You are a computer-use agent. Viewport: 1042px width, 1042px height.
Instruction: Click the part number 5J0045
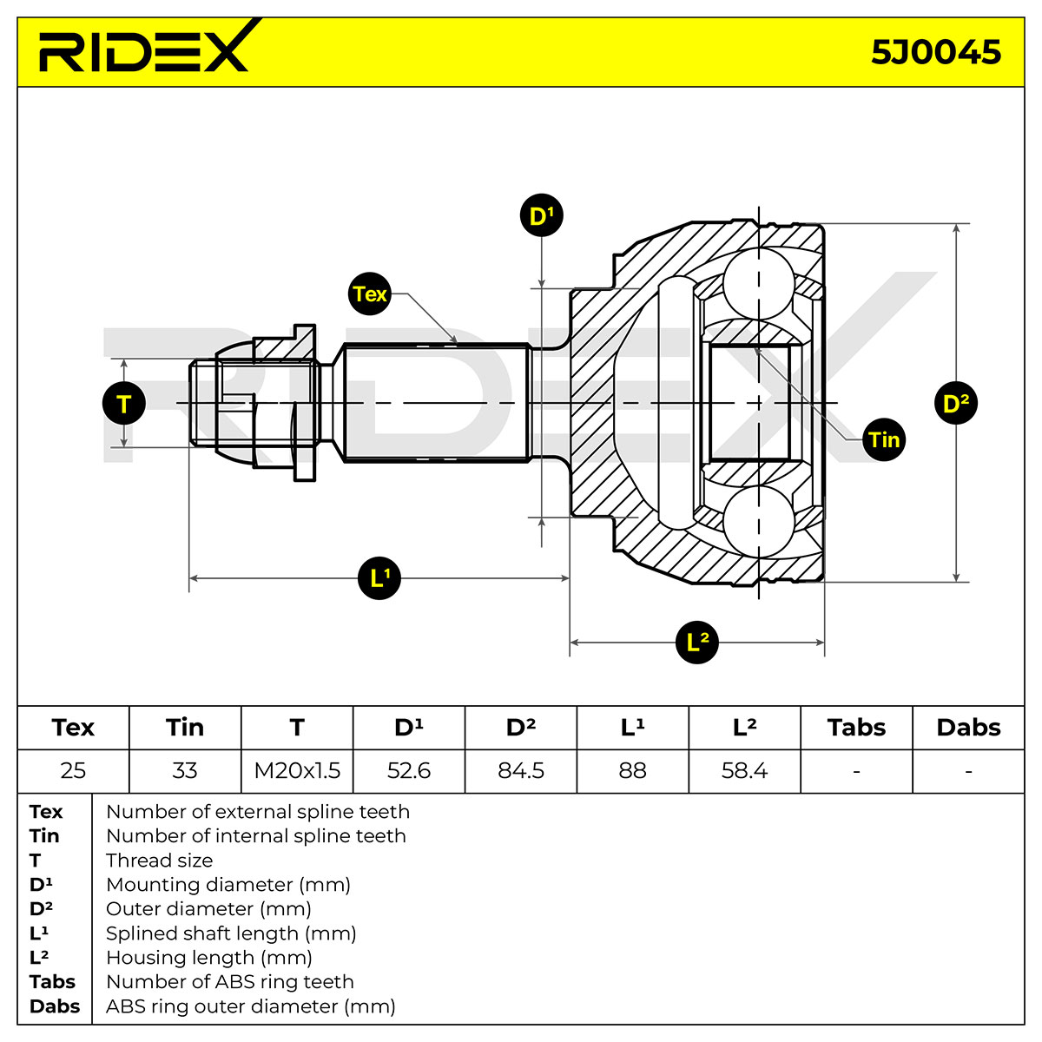click(935, 52)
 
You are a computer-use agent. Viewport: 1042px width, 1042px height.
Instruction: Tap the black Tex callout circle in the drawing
click(369, 293)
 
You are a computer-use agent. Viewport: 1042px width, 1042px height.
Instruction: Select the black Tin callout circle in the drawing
click(884, 439)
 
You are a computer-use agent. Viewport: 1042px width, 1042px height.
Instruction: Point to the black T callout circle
click(124, 404)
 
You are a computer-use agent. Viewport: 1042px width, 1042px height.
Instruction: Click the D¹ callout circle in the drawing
click(541, 215)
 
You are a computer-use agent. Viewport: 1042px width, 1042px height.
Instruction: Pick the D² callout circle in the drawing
click(956, 403)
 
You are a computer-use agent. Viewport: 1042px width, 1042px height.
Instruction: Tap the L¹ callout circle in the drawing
click(379, 578)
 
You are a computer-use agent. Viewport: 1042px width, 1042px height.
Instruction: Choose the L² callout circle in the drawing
click(697, 643)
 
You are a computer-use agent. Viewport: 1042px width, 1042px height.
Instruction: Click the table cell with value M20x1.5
click(297, 770)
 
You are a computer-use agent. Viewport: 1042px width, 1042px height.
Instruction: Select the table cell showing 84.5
click(521, 770)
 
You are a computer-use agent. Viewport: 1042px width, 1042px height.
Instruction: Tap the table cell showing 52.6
click(409, 770)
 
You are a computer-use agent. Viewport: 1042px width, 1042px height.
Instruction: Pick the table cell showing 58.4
click(744, 770)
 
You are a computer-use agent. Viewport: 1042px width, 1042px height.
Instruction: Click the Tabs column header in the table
click(856, 728)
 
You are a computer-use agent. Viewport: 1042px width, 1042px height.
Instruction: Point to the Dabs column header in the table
click(968, 728)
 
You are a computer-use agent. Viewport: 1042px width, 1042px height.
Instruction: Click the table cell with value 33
click(185, 770)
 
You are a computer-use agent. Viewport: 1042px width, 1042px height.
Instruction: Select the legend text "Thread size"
click(160, 861)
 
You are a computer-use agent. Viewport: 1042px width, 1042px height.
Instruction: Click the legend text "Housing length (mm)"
click(209, 958)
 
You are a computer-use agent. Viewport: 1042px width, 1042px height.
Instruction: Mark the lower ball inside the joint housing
click(759, 522)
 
